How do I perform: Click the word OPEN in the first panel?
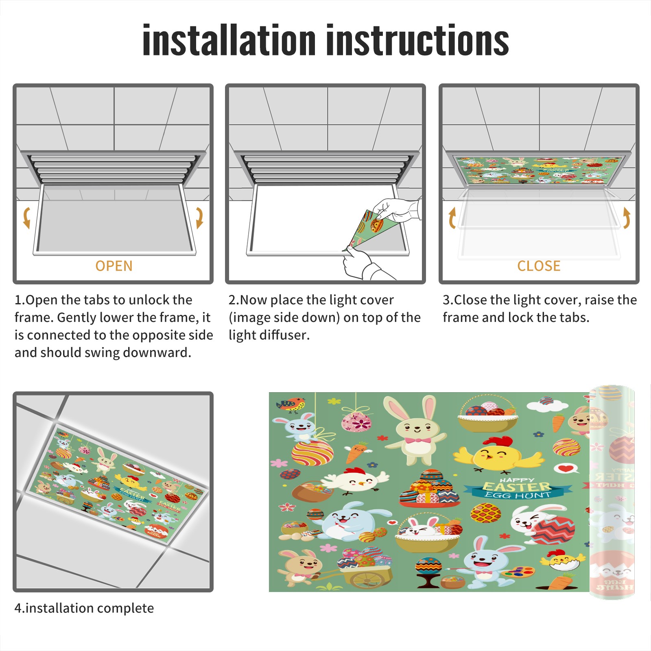click(114, 266)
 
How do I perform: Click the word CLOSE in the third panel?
click(539, 266)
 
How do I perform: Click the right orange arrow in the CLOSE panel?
click(627, 218)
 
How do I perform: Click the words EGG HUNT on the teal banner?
click(518, 495)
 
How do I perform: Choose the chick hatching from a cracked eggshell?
click(563, 561)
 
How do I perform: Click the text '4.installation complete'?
click(84, 608)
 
